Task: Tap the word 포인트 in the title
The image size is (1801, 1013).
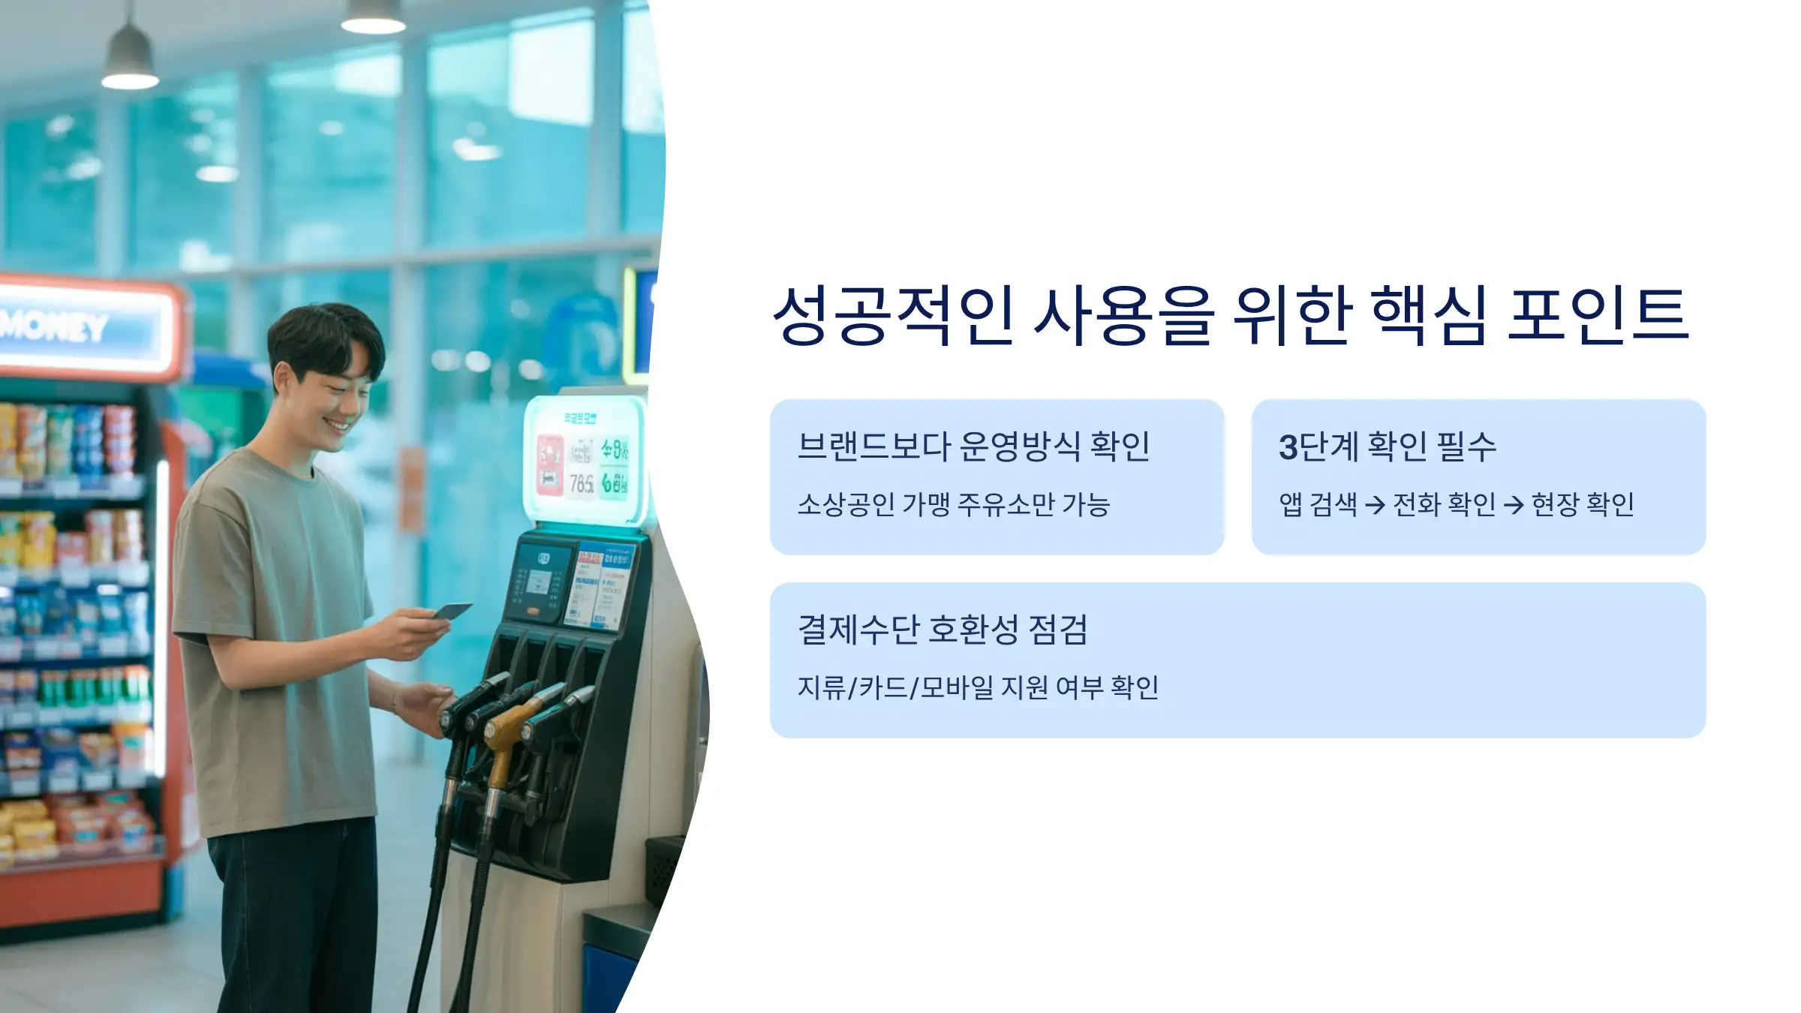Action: [x=1598, y=315]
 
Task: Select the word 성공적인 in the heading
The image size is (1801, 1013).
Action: [x=893, y=315]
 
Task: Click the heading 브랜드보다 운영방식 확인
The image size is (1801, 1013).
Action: [x=973, y=446]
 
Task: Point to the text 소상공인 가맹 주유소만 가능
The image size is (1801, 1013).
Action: [x=953, y=504]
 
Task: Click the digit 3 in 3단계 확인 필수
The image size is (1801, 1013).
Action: [x=1288, y=447]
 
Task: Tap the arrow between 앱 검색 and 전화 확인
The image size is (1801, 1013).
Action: [x=1375, y=505]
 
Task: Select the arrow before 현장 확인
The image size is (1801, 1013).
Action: [x=1514, y=505]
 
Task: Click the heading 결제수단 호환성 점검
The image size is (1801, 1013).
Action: [x=943, y=629]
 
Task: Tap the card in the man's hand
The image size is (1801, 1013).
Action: [x=452, y=612]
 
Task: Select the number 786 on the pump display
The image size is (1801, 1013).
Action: [x=581, y=484]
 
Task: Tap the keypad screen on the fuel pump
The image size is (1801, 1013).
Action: [x=538, y=582]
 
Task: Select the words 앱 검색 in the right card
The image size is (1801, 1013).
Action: [x=1318, y=504]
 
